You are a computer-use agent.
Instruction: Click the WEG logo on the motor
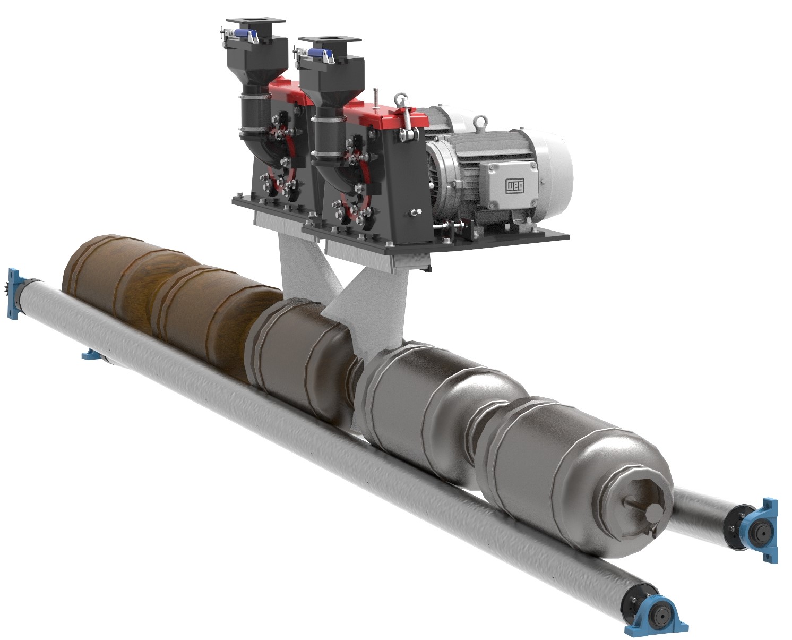514,185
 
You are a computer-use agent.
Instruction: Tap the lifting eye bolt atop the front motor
480,122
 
